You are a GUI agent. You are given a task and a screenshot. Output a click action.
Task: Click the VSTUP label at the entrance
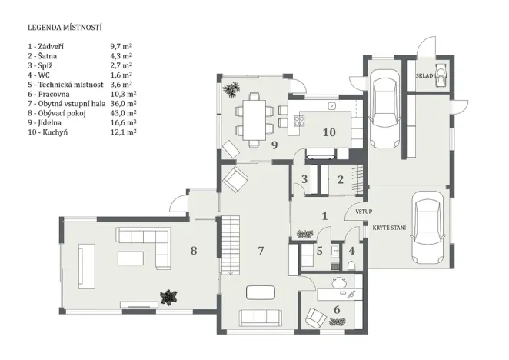coord(364,211)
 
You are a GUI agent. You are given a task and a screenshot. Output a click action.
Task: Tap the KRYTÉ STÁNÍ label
coord(389,229)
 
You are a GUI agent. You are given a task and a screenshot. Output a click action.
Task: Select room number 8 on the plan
coord(194,250)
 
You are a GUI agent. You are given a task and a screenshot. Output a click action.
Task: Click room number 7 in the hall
coord(261,250)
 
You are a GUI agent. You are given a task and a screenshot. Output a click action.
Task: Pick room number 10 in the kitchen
coord(328,132)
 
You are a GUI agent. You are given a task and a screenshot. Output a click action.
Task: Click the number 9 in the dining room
coord(273,144)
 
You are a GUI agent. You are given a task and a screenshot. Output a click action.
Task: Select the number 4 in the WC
coord(352,250)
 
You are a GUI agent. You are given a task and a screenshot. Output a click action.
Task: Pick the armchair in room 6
coord(314,316)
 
